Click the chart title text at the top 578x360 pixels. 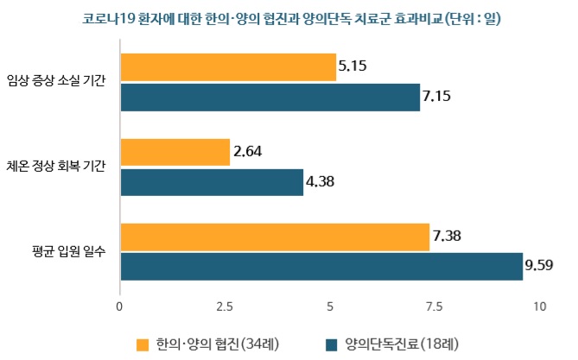[289, 19]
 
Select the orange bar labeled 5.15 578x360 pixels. [227, 66]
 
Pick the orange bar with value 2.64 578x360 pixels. [175, 152]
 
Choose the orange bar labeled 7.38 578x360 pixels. [275, 237]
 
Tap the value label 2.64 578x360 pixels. [247, 151]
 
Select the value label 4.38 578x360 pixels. [322, 183]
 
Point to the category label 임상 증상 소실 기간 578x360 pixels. [55, 82]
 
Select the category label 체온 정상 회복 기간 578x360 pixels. [55, 167]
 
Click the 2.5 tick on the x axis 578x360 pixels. [225, 306]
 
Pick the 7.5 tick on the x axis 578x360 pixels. [435, 306]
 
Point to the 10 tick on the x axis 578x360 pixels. [540, 306]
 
